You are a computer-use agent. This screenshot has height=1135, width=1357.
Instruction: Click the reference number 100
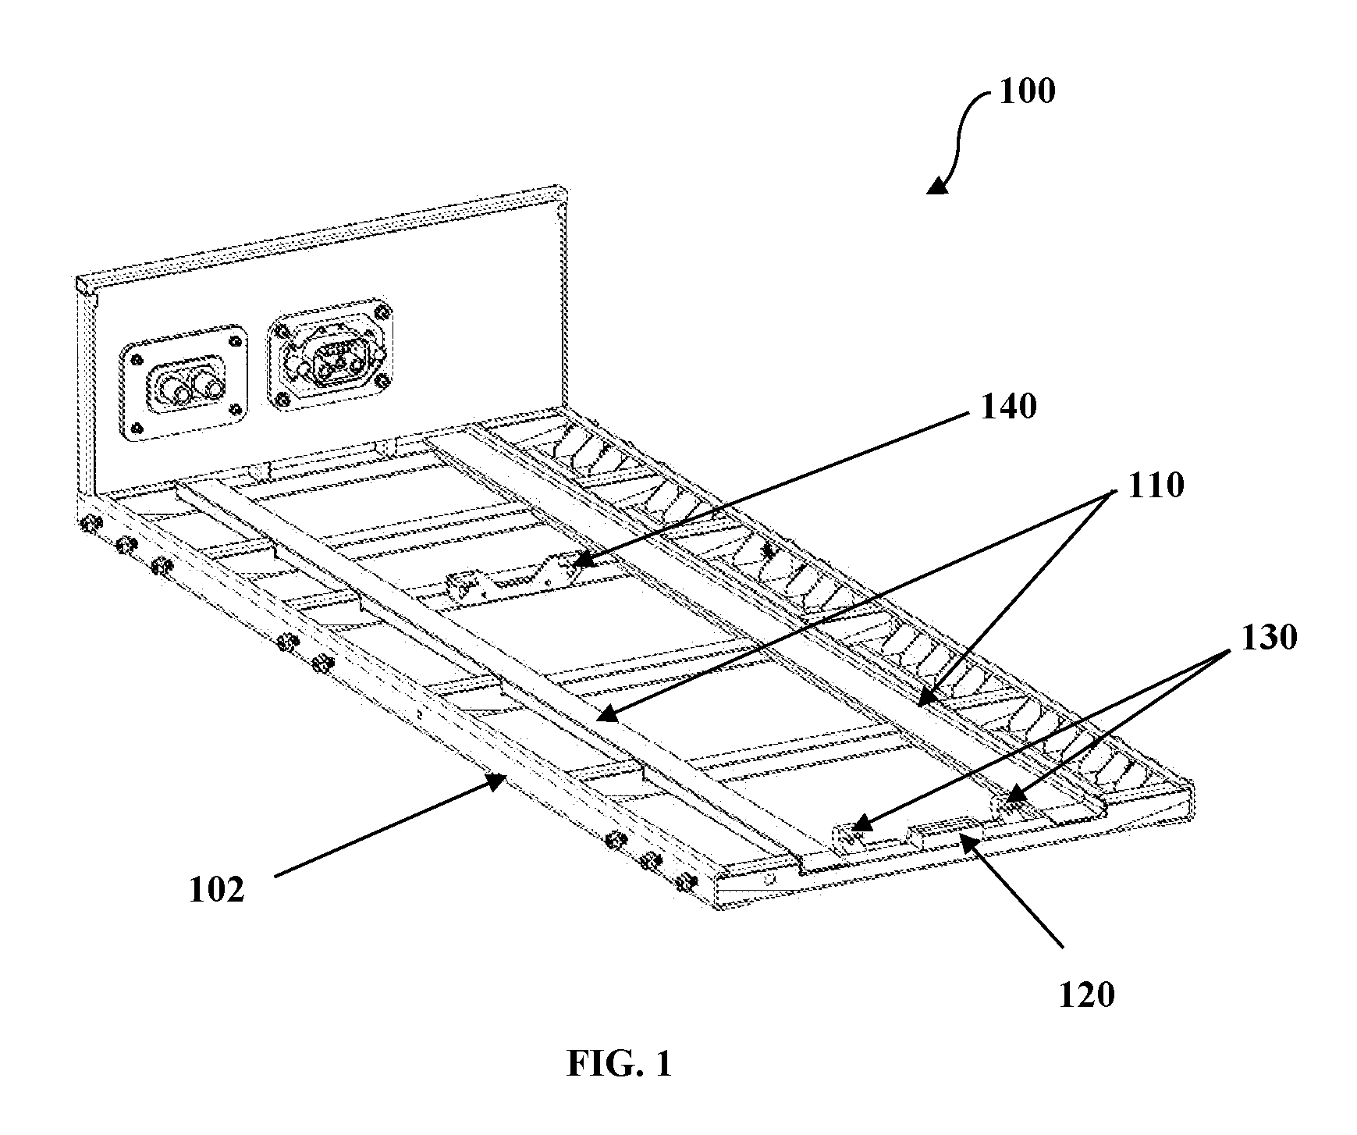click(x=1027, y=92)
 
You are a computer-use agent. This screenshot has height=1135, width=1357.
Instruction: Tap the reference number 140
click(x=1008, y=407)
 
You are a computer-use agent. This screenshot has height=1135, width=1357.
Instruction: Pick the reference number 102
click(x=216, y=890)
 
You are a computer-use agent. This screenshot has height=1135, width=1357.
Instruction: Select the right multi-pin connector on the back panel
click(x=331, y=361)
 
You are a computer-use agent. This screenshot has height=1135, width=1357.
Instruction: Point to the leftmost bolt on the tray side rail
click(x=89, y=525)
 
